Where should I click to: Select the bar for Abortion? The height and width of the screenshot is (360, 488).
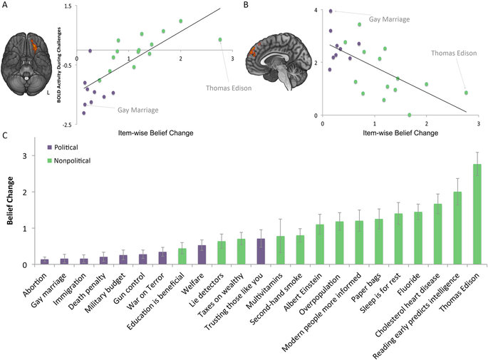(x=45, y=262)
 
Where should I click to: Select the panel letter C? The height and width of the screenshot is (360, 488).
(x=6, y=134)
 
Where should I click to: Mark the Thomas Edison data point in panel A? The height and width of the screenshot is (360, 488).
(x=220, y=40)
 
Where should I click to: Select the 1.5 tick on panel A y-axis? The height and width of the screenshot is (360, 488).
(x=67, y=5)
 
